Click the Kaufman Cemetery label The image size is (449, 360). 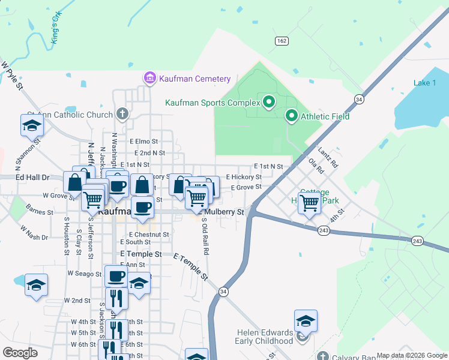point(194,79)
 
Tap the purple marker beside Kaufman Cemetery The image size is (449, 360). point(149,78)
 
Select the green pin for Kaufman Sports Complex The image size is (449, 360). point(268,103)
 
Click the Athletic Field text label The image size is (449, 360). point(325,116)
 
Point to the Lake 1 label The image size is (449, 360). point(425,83)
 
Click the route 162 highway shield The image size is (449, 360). point(282,40)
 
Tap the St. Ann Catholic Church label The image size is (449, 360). point(70,115)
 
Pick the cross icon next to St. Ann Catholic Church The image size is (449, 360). point(122,113)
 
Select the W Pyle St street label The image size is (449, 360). point(11,75)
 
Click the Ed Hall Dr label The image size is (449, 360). point(32,178)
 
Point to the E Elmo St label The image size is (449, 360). point(143,142)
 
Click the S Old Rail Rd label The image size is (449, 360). point(205,236)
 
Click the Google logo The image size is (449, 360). point(20,353)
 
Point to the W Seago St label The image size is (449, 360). point(84,273)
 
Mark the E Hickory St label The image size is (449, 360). point(244,177)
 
